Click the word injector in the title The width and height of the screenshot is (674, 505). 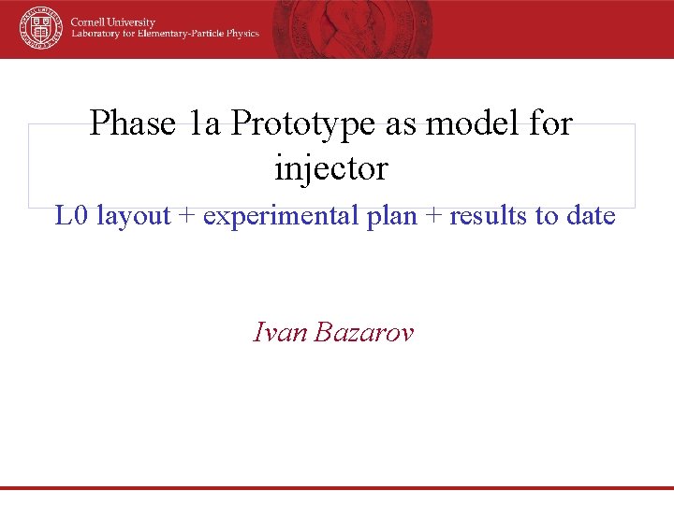[x=330, y=168]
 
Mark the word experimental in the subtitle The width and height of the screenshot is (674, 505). [x=271, y=216]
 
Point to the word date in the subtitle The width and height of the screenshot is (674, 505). [x=591, y=216]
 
